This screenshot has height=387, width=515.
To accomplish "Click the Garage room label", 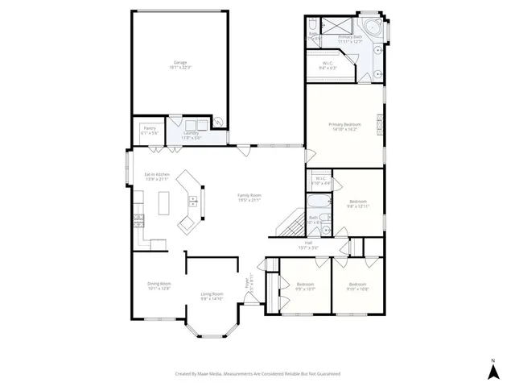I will click(181, 64).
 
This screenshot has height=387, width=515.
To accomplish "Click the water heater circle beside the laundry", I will click(217, 123).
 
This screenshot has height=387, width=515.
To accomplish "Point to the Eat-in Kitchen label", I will click(156, 176).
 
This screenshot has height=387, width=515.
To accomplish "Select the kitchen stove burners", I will click(138, 216).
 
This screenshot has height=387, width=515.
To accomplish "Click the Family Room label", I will click(249, 198).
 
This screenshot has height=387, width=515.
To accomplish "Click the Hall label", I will click(308, 244).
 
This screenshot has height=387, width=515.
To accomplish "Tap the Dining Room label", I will click(159, 285).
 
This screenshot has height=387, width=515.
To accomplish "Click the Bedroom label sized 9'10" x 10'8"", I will click(357, 286).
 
